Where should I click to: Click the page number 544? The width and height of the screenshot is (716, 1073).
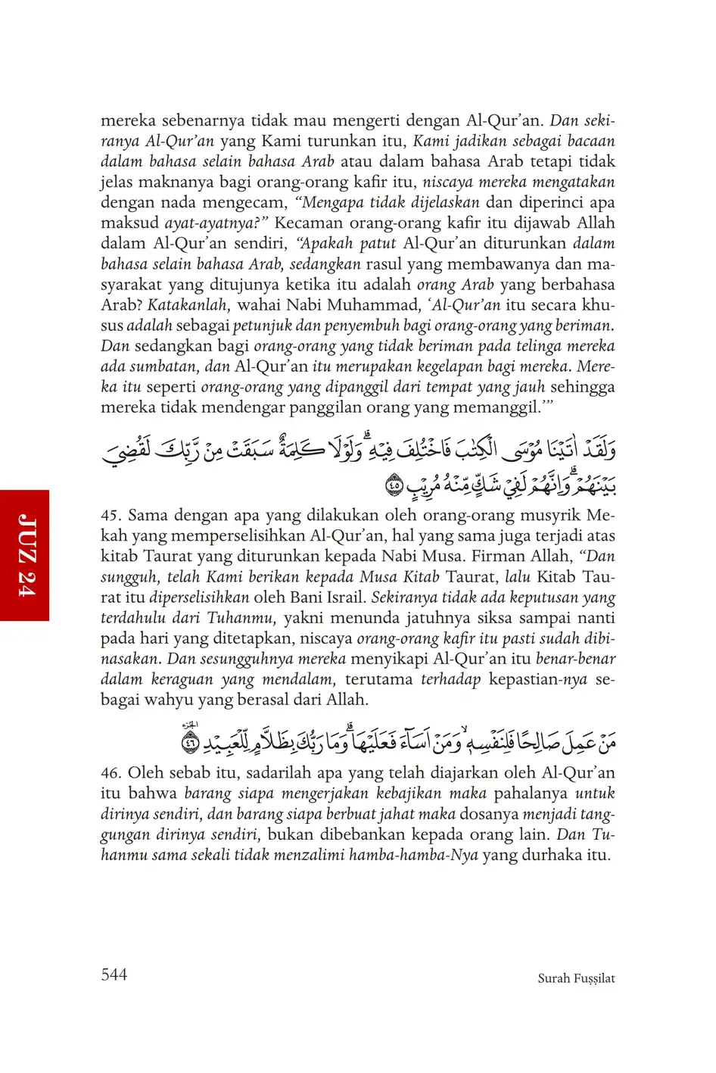pos(114,975)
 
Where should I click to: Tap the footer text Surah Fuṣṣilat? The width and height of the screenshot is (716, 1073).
pos(576,978)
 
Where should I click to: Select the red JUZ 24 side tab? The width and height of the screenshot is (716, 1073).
pos(25,555)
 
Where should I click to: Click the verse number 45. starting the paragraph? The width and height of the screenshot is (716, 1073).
pos(111,516)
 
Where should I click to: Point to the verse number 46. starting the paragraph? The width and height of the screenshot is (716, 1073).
pos(111,773)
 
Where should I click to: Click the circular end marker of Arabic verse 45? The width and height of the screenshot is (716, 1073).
pos(394,485)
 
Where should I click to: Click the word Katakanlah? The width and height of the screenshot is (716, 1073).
pos(187,305)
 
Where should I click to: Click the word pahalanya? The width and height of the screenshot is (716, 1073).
pos(531,794)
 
